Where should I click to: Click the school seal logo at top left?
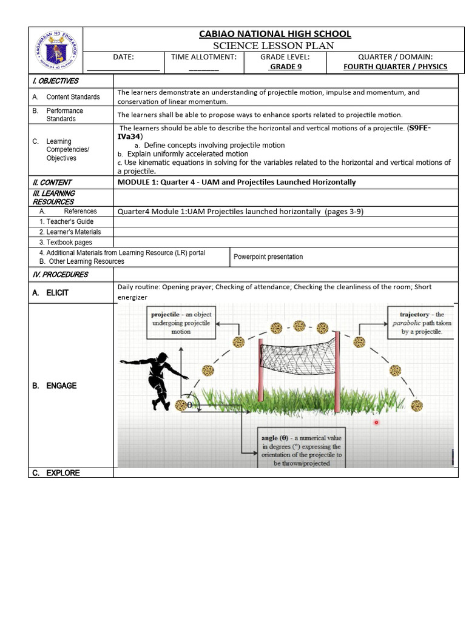coord(55,50)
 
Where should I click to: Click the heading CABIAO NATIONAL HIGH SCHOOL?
coord(275,34)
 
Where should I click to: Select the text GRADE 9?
coord(285,67)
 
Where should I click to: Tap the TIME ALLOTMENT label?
coord(203,57)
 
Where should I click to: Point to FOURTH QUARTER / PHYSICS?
coord(395,67)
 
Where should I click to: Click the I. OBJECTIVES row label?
coord(55,81)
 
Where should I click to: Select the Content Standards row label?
coord(73,97)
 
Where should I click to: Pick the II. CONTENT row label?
coord(52,182)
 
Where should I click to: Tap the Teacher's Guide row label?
coord(67,222)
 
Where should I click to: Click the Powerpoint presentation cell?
coord(268,257)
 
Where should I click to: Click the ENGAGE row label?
coord(61,386)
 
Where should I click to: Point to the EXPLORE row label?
coord(62,473)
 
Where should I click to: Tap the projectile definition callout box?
coord(181,323)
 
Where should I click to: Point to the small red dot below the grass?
coord(376,422)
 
